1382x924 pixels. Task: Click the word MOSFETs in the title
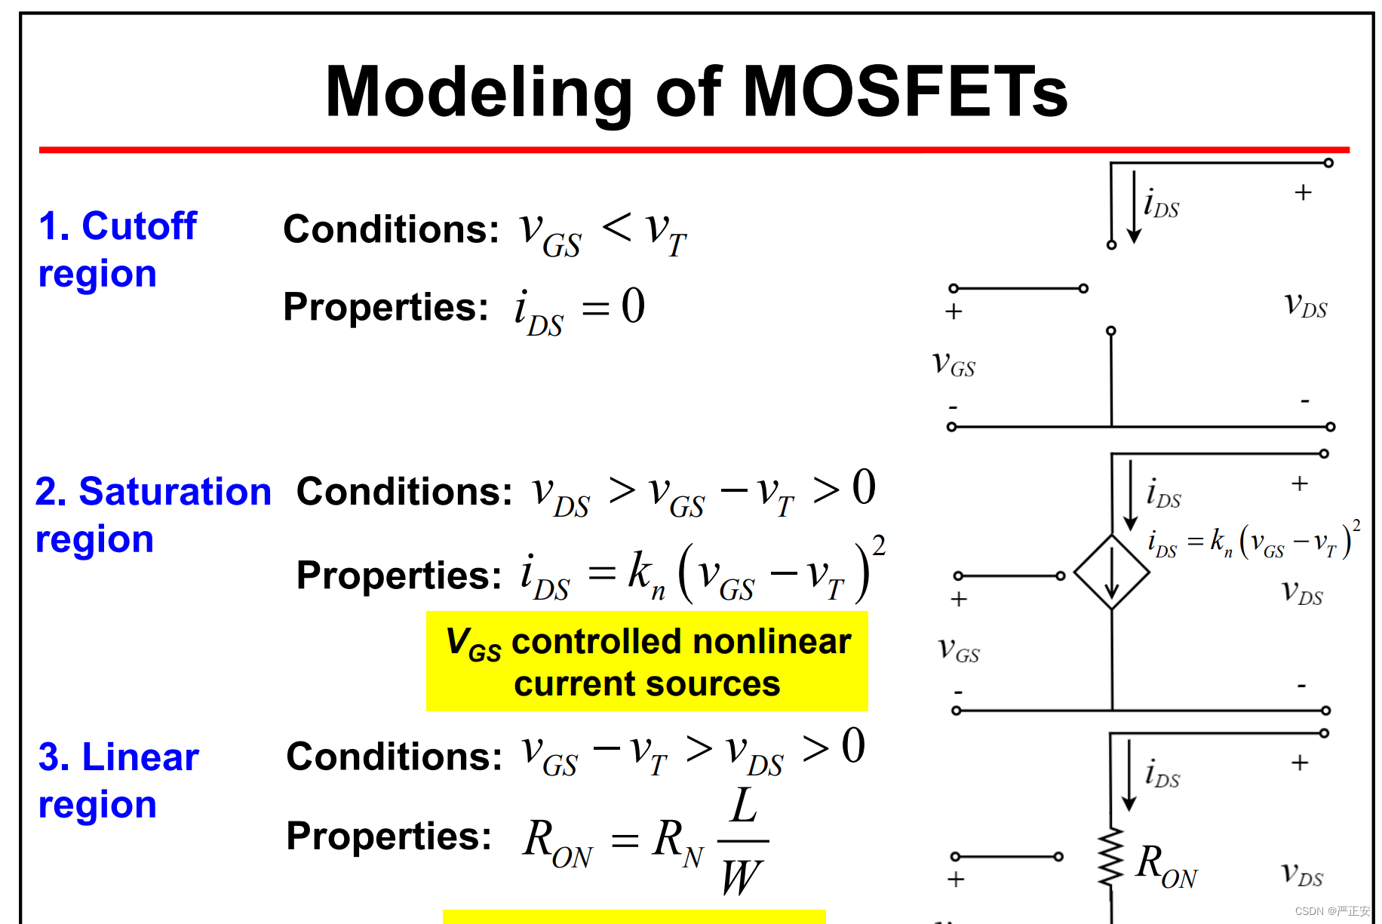[x=905, y=92]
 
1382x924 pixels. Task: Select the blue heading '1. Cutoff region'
[x=117, y=249]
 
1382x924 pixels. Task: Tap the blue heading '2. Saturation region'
[x=152, y=514]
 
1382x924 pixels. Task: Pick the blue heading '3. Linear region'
[x=118, y=780]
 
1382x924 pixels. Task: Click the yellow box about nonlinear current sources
[x=647, y=662]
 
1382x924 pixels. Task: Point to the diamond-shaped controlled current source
[x=1111, y=573]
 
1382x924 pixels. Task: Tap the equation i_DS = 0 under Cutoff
[x=579, y=310]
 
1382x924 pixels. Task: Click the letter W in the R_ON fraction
[x=741, y=878]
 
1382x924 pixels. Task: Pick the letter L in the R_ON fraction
[x=744, y=806]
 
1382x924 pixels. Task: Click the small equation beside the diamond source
[x=1253, y=541]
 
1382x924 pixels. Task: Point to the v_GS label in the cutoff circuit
[x=954, y=364]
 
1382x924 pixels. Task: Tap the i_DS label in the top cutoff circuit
[x=1160, y=204]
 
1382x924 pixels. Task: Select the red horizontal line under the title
[x=694, y=150]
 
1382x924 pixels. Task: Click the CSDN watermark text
[x=1331, y=911]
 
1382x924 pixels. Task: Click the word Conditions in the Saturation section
[x=404, y=492]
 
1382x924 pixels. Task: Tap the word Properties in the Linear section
[x=388, y=837]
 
